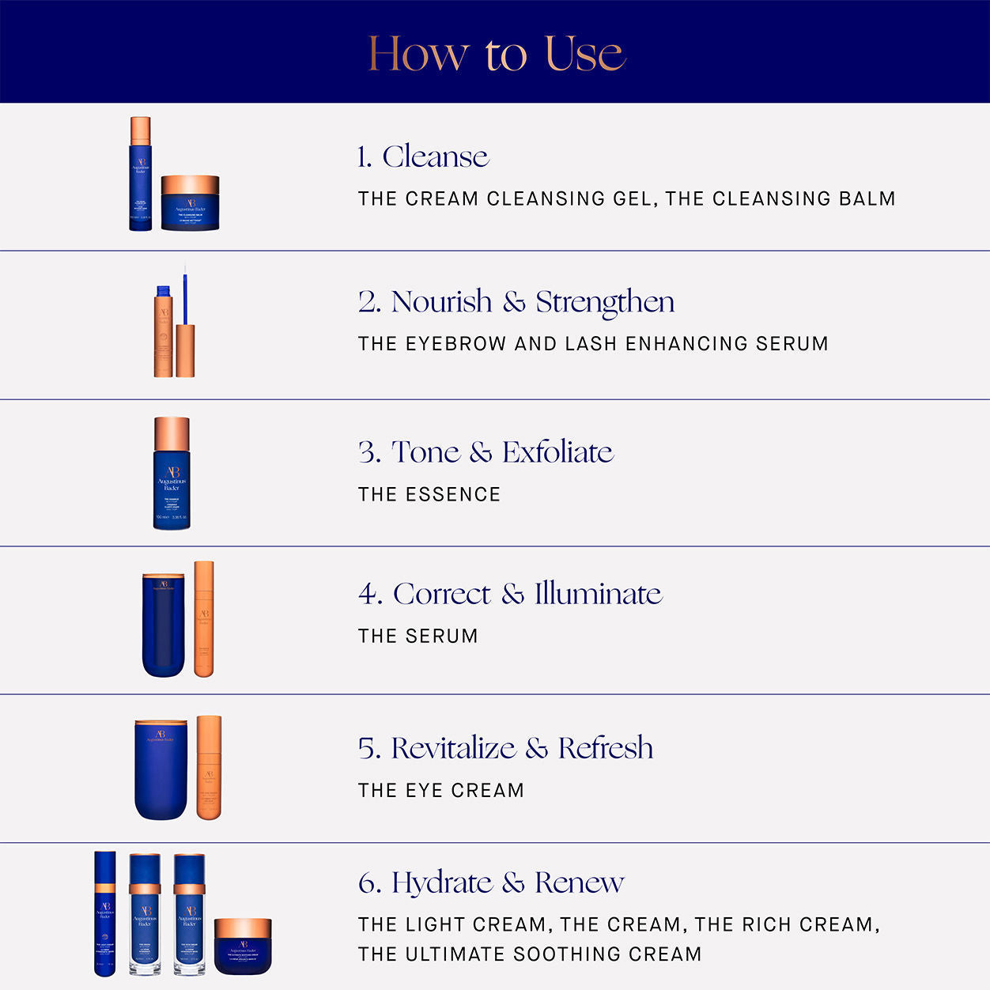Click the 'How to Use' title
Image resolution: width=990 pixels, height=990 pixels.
tap(497, 54)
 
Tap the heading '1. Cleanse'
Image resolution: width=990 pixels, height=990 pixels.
tap(423, 157)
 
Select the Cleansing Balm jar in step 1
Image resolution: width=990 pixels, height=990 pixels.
tap(190, 204)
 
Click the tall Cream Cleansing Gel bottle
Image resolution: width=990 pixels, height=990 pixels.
tap(140, 174)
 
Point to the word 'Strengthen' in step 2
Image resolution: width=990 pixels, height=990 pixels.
tap(605, 302)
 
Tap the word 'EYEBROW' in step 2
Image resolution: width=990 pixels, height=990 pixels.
tap(455, 344)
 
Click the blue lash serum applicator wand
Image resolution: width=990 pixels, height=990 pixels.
tap(185, 297)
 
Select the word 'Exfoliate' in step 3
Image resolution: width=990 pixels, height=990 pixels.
tap(557, 452)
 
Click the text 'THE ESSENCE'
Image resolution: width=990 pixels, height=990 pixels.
tap(429, 495)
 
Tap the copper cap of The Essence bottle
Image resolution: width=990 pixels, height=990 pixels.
tap(172, 433)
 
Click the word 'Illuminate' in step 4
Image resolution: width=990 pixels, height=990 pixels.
tap(598, 594)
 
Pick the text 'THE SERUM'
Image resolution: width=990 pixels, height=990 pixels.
tap(418, 637)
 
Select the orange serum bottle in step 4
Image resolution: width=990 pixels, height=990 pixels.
tap(204, 618)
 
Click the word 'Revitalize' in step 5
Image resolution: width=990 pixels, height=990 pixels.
tap(453, 748)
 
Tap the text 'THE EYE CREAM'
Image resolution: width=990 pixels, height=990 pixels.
tap(440, 791)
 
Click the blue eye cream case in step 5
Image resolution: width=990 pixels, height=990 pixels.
tap(161, 769)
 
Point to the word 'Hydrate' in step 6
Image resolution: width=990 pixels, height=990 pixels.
tap(441, 882)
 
